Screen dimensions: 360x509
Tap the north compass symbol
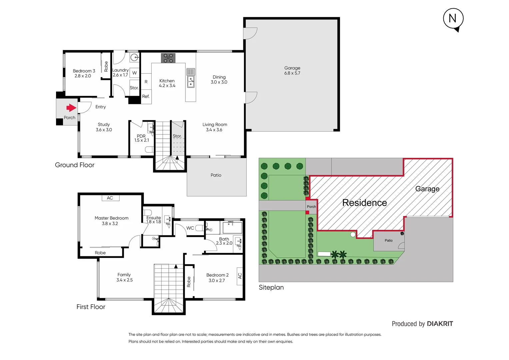coord(453,19)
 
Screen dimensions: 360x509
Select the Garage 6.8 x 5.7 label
coord(292,70)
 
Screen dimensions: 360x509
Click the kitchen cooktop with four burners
coord(168,58)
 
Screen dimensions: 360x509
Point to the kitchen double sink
coord(191,81)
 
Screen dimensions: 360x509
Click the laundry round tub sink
coord(134,57)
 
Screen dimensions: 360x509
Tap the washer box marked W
coord(134,73)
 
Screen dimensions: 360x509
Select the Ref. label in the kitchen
coord(146,96)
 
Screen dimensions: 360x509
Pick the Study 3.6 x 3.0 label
coord(104,127)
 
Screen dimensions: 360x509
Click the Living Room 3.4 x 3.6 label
coord(215,127)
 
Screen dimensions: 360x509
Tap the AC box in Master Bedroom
coord(110,198)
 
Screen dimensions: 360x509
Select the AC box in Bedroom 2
coord(240,276)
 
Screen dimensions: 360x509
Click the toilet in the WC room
coord(200,228)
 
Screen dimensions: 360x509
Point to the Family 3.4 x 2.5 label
coord(124,277)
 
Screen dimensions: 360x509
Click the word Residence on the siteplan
coord(364,203)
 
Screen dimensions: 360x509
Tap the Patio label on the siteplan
coord(388,240)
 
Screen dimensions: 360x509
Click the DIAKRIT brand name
coord(440,324)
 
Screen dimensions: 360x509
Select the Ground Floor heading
coord(75,165)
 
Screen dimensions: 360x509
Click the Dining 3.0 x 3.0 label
coord(219,79)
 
